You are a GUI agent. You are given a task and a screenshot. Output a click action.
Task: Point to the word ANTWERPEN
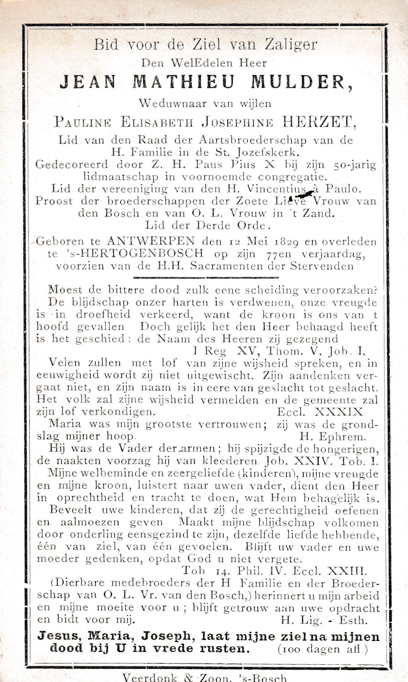pos(158,240)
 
